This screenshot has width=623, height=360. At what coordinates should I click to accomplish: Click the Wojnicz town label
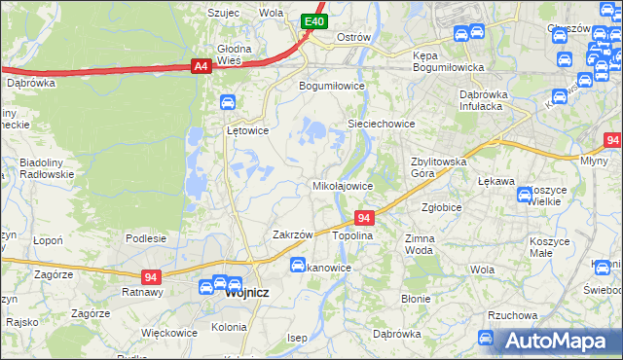247,291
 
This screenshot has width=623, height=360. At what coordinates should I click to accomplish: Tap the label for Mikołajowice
342,185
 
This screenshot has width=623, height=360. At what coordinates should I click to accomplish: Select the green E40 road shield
312,21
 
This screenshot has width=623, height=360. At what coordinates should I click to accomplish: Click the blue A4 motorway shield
201,66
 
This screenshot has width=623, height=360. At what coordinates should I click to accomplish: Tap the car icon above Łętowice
227,102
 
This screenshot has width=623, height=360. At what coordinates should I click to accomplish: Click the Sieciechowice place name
383,125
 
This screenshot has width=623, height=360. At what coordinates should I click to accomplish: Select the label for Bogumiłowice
331,86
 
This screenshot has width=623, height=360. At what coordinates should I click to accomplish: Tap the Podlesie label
146,238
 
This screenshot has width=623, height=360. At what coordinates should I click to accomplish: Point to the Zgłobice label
441,207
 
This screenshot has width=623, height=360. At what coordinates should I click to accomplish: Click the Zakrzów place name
292,234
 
